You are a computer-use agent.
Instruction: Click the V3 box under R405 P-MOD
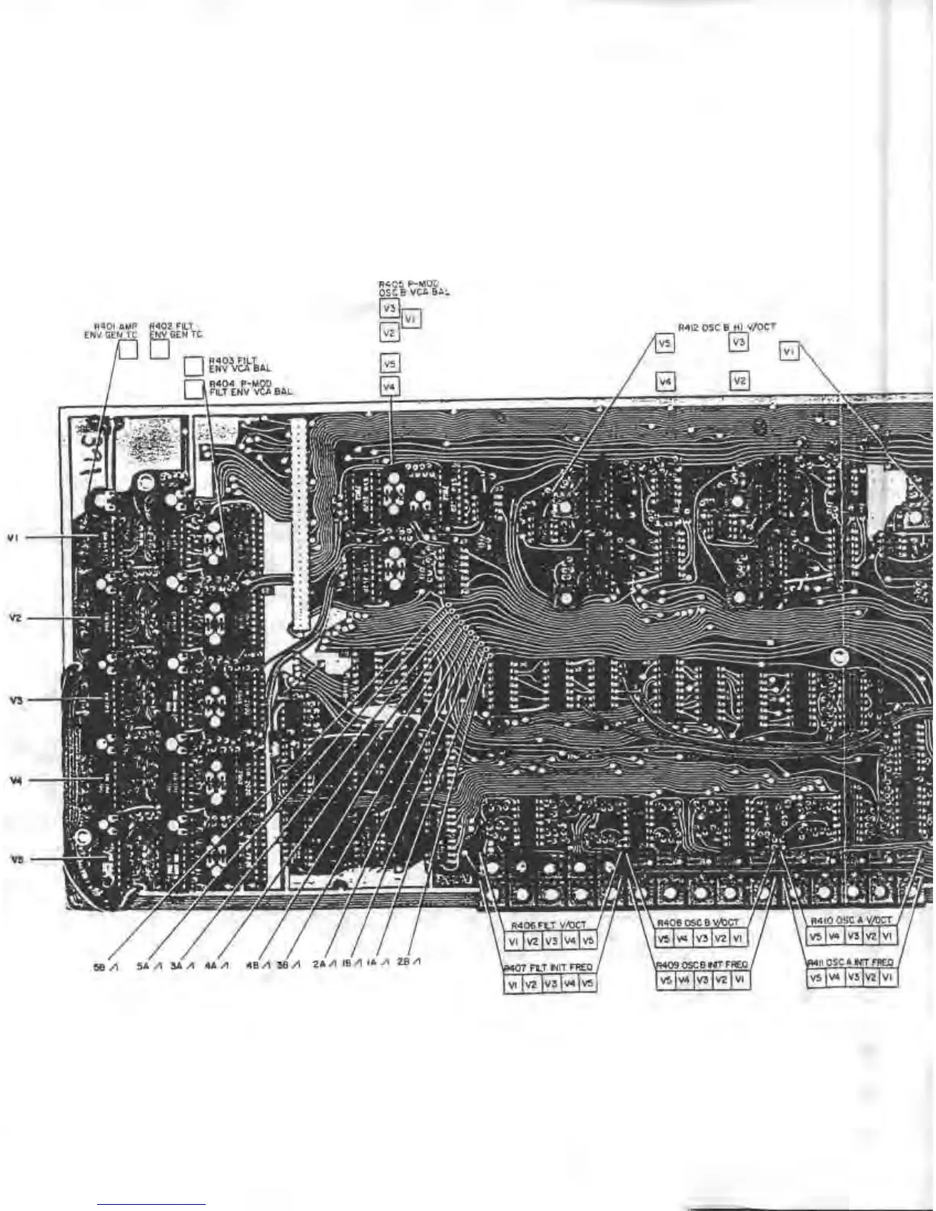pos(389,308)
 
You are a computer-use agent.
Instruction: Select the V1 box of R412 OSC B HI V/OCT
pos(789,352)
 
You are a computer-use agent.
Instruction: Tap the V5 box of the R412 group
pos(665,344)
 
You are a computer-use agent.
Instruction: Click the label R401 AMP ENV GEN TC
pos(110,330)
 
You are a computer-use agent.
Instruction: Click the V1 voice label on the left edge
pos(12,537)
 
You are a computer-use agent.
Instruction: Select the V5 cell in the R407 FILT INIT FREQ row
pos(587,985)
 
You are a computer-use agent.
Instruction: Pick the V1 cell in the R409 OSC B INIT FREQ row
pos(739,979)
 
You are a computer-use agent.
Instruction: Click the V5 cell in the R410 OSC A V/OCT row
pos(817,937)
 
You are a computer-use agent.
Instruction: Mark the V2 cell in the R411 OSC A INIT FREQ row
pos(869,978)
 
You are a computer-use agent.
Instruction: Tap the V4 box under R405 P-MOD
pos(390,388)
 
